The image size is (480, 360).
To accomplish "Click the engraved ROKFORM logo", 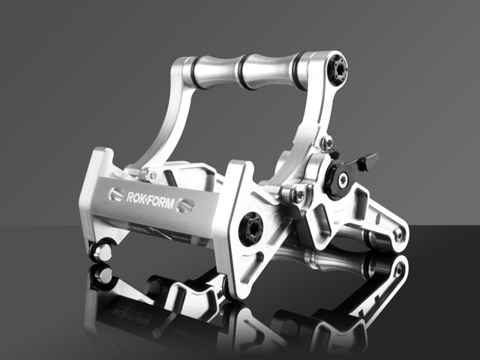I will coord(150,199).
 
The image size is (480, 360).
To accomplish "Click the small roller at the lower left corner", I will coord(100,252).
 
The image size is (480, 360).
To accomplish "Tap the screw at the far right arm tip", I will coord(399,235).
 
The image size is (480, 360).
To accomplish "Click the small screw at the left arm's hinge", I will coord(152,175).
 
